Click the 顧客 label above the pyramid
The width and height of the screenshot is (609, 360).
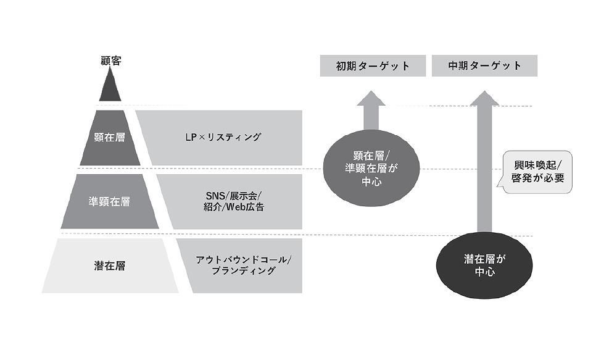coord(110,61)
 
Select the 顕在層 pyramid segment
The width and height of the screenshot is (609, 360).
coord(110,138)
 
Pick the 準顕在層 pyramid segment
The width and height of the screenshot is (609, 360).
coord(110,201)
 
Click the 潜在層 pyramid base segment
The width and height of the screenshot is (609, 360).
coord(110,266)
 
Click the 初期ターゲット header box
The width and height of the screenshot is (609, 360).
coord(373,65)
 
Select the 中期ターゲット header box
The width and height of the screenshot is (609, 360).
coord(484,65)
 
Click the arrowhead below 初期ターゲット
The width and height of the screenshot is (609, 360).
coord(371,98)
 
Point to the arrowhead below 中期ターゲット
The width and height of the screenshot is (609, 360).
coord(484,98)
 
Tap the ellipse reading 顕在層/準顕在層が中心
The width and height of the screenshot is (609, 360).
coord(371,168)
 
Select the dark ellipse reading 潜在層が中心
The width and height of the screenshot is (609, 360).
coord(484,266)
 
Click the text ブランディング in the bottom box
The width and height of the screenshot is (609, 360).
coord(244,270)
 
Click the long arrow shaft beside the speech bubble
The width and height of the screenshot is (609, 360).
coord(484,169)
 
